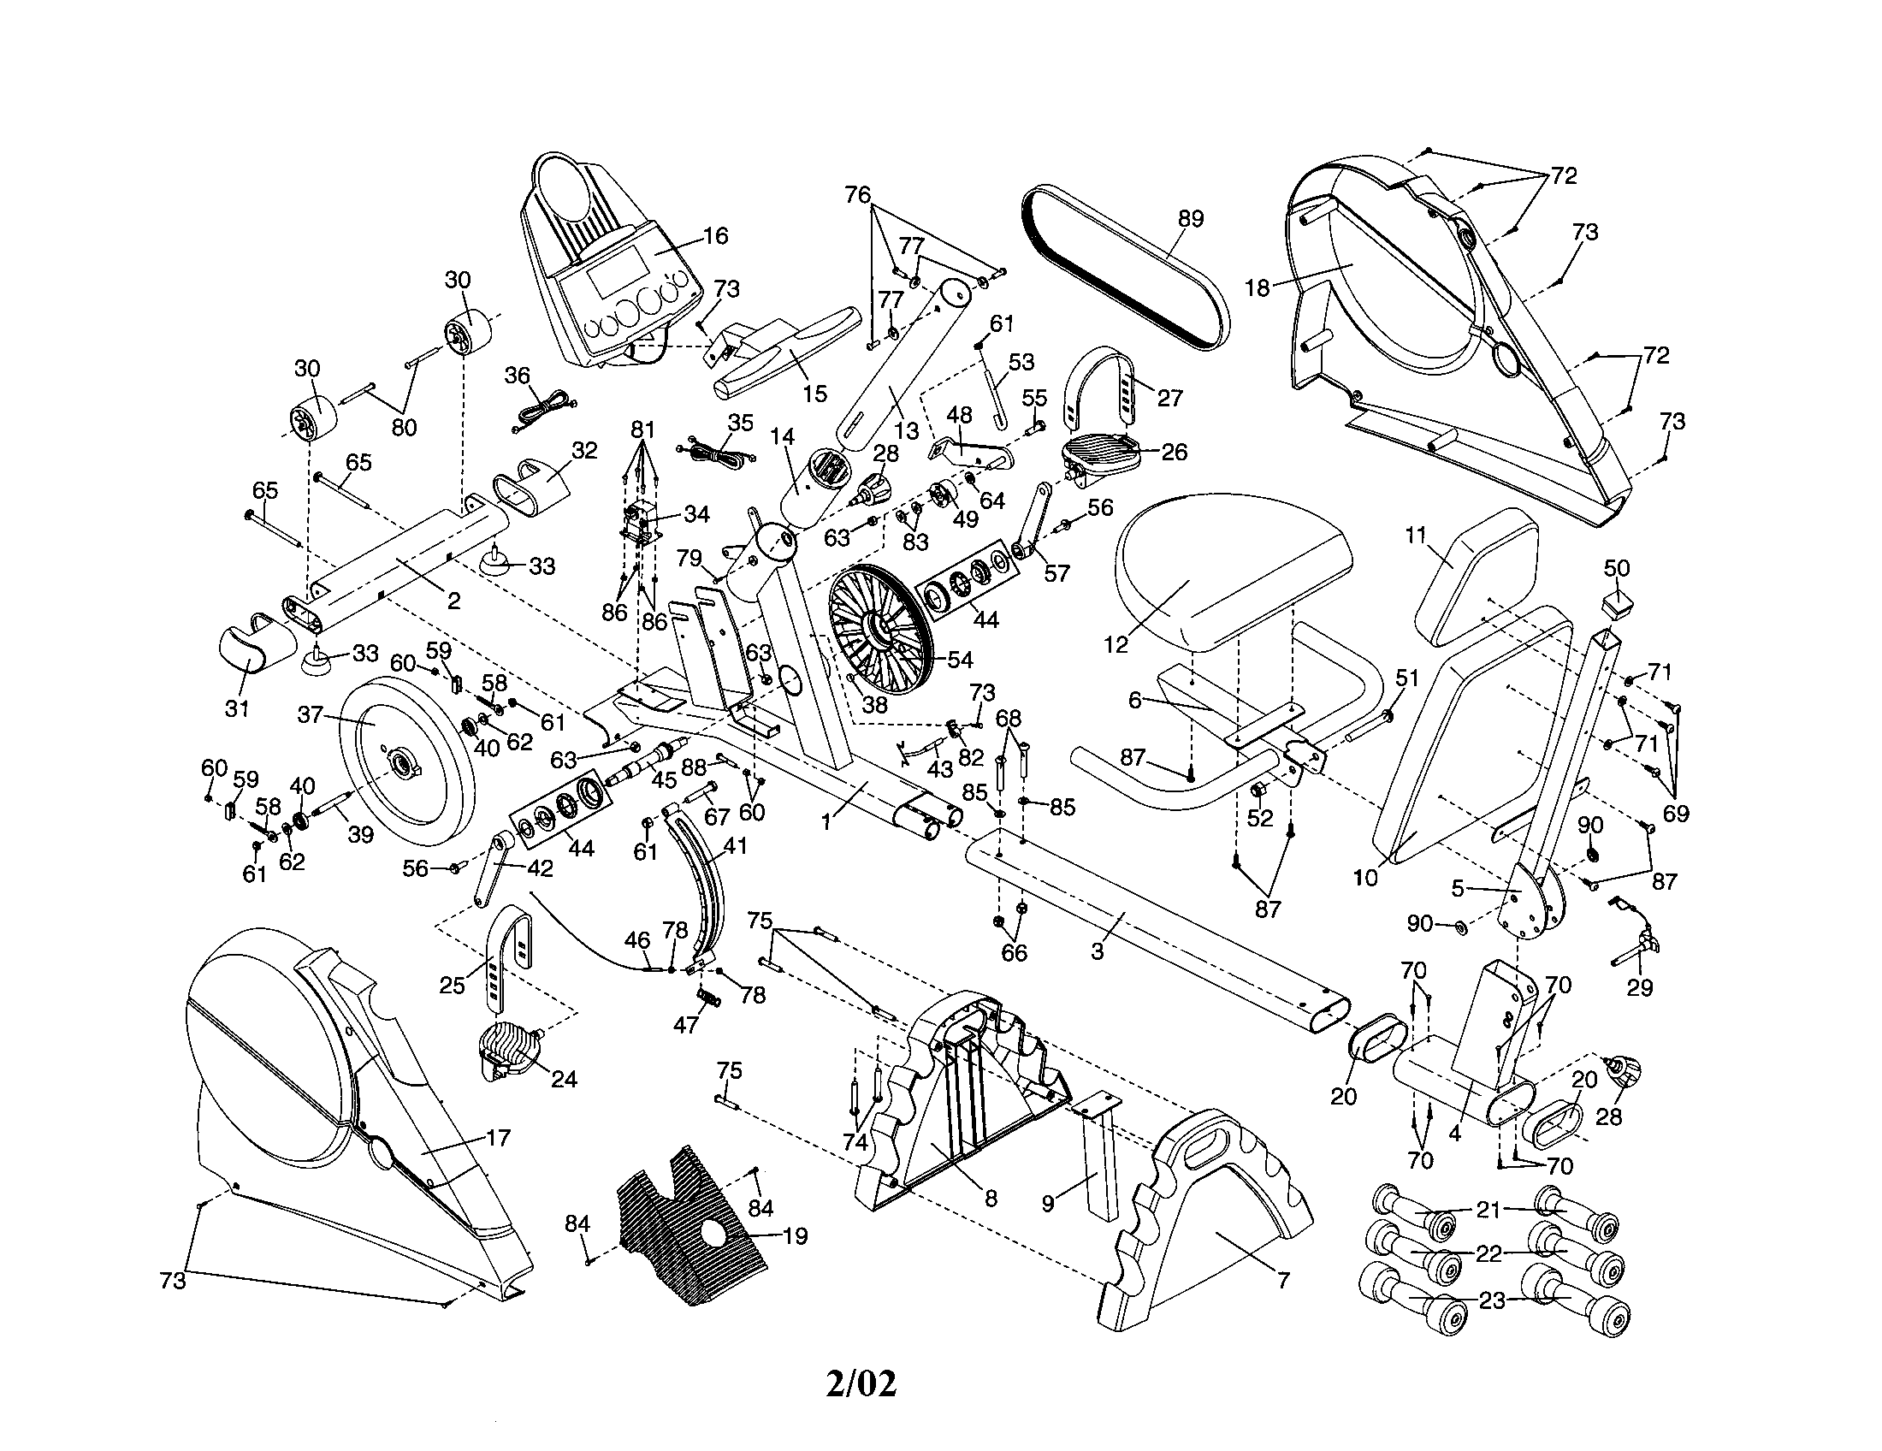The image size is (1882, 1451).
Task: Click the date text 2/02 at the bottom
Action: point(861,1383)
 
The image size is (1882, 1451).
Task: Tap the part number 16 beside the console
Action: point(715,235)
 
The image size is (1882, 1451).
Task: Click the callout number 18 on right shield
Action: point(1258,287)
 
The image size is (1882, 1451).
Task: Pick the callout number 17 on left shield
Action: point(499,1138)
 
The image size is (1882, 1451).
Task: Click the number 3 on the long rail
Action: point(1097,951)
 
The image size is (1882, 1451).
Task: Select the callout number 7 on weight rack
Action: point(1283,1282)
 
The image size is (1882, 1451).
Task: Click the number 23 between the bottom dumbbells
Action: point(1491,1300)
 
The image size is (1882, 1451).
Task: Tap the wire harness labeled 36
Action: point(543,408)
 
